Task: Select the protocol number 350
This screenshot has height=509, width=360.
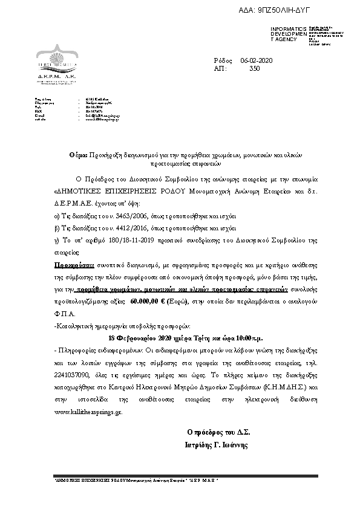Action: coord(254,69)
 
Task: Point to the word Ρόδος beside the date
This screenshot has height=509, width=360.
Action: coord(223,61)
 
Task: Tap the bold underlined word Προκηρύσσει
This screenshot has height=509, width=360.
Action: coord(74,265)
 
